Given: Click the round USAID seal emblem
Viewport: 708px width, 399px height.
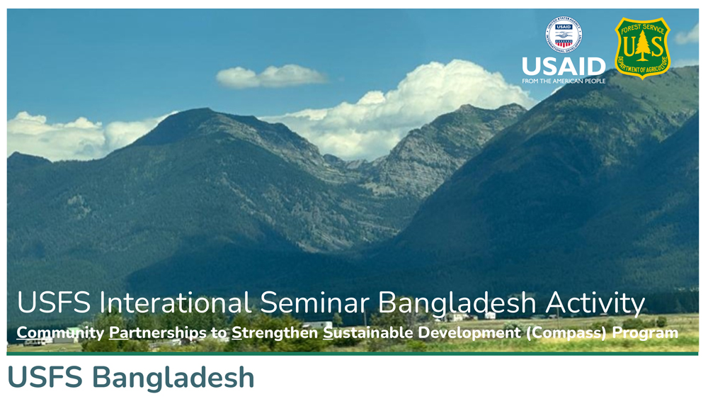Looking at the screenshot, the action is (x=564, y=35).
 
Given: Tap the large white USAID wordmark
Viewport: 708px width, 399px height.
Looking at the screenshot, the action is (x=564, y=67).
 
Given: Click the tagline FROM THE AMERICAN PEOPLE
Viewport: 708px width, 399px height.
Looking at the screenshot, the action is (x=564, y=82).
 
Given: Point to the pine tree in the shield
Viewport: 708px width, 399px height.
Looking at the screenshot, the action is (x=642, y=45).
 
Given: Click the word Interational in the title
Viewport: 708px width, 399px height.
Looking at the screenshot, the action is (x=176, y=303).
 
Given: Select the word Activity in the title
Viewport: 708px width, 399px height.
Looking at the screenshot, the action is (x=595, y=303).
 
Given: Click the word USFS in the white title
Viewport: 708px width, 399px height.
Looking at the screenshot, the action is (x=54, y=303).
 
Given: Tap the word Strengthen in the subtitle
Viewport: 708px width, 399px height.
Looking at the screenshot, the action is (x=275, y=333).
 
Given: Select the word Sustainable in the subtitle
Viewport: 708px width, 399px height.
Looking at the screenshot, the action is (x=368, y=333).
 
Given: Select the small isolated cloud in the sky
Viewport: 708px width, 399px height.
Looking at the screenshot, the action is (x=271, y=76).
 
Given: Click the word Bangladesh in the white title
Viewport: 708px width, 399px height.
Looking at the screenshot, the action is (x=457, y=303).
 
